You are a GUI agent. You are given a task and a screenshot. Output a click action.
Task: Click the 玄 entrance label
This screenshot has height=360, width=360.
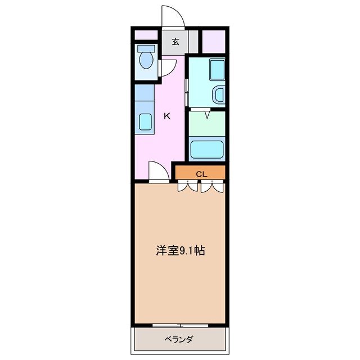pyautogui.click(x=175, y=42)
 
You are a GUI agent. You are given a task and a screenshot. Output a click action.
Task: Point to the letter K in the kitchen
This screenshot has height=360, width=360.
pyautogui.click(x=166, y=116)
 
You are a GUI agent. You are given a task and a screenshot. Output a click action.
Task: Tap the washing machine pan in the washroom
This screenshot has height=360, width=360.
pyautogui.click(x=216, y=71)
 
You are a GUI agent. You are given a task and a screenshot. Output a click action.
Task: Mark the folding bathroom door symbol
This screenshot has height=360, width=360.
pyautogui.click(x=207, y=114)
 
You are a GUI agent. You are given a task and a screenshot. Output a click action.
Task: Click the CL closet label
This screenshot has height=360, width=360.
pyautogui.click(x=201, y=174)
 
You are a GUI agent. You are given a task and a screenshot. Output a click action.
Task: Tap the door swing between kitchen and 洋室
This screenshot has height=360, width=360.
pyautogui.click(x=158, y=172)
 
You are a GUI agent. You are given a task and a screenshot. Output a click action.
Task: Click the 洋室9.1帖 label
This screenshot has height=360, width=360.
pyautogui.click(x=180, y=250)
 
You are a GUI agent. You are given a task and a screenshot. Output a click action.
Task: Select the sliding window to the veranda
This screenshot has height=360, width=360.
pyautogui.click(x=180, y=325)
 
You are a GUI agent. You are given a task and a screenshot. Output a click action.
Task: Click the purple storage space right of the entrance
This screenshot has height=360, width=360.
pyautogui.click(x=213, y=40)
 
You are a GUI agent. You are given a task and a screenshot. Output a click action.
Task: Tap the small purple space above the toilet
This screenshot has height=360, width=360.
pyautogui.click(x=146, y=34)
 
